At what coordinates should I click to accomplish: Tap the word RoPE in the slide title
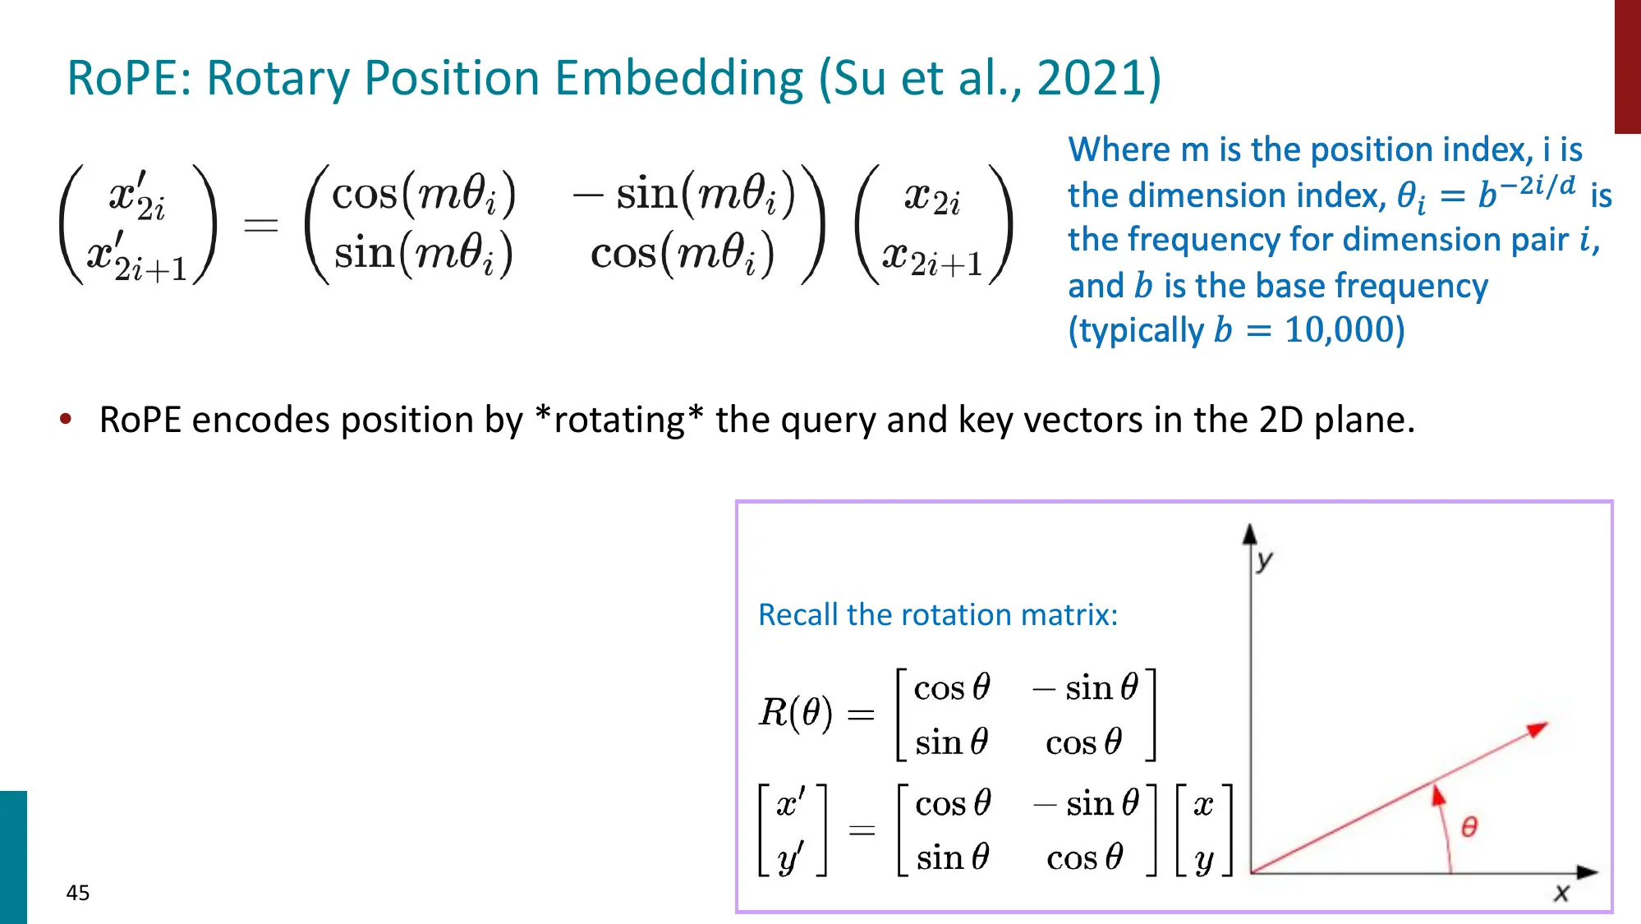127,79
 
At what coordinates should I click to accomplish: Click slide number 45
78,893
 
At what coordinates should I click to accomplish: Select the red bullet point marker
66,420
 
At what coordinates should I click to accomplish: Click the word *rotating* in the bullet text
618,420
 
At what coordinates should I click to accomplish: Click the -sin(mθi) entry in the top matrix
684,195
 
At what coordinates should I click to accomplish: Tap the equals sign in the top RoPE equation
260,224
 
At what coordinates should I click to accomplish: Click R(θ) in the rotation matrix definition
795,712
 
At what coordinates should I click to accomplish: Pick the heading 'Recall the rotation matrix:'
937,614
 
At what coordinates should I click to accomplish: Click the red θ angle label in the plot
1469,826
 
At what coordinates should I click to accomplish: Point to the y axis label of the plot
1265,561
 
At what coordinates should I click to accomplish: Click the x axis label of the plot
1561,893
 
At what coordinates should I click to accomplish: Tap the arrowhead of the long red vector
1537,729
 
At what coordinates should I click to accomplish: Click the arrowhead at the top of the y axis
1250,535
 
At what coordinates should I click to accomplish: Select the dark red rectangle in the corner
1627,66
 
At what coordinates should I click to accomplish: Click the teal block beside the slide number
13,857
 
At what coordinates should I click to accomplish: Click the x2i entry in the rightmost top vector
931,198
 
